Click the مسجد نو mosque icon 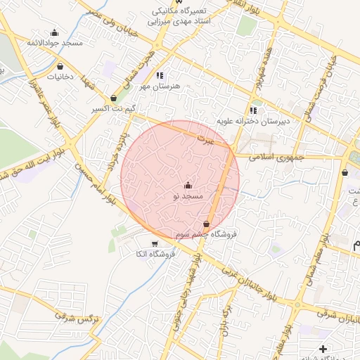(x=187, y=186)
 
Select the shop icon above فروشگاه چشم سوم (x=206, y=224)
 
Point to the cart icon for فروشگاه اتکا (x=155, y=243)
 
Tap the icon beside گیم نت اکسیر (x=114, y=98)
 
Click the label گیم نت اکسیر (x=114, y=110)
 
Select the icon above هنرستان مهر (x=160, y=75)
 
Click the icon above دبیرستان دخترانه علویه (x=253, y=110)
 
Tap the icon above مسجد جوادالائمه (x=55, y=32)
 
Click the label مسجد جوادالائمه (x=55, y=43)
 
